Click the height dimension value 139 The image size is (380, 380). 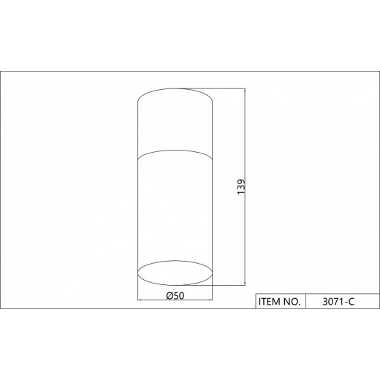[241, 187]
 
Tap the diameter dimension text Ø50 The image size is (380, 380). [175, 296]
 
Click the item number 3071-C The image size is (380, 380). [338, 302]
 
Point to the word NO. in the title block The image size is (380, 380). [292, 302]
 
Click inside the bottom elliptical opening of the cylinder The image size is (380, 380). [175, 273]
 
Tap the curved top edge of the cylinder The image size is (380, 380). [175, 88]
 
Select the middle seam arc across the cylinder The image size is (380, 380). [175, 151]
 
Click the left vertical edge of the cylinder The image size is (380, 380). [138, 187]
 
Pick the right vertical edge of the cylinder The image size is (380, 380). [213, 187]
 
